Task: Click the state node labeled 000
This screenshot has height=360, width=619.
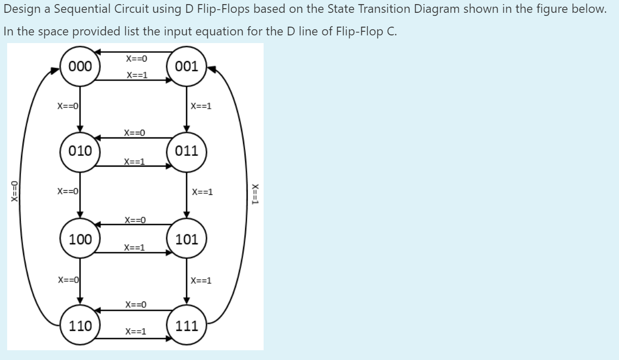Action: [x=81, y=66]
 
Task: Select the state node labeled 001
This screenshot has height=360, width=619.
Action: [x=187, y=66]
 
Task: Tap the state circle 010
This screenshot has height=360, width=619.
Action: [x=81, y=151]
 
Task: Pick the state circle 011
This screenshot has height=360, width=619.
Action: [x=187, y=151]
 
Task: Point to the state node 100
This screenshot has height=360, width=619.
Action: [x=81, y=239]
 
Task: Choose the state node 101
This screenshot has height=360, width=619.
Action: [x=187, y=239]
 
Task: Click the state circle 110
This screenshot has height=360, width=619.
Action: [x=81, y=326]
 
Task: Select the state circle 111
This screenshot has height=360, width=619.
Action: [x=187, y=326]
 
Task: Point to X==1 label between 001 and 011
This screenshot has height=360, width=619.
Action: [x=201, y=107]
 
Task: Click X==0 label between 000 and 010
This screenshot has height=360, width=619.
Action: [x=67, y=106]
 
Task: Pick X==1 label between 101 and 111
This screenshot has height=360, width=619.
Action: [x=201, y=281]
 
